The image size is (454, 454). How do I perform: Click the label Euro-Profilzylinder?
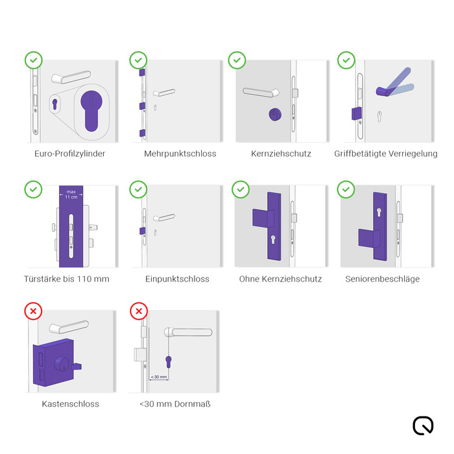click(69, 154)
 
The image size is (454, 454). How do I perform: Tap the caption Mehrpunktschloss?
click(180, 154)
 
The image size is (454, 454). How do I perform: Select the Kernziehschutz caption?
click(281, 154)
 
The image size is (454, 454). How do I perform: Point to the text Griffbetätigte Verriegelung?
click(385, 154)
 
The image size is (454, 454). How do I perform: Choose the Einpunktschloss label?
click(177, 279)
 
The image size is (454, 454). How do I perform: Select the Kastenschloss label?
click(70, 403)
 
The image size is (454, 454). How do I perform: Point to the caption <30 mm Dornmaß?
click(175, 403)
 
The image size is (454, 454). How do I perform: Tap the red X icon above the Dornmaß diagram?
click(138, 311)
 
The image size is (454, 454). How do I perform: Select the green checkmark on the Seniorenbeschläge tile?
click(346, 189)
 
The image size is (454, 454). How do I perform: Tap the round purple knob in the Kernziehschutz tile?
click(276, 115)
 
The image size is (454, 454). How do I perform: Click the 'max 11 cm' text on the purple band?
click(70, 193)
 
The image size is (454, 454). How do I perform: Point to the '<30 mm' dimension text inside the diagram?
click(159, 376)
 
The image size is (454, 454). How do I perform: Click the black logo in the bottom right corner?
click(423, 425)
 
